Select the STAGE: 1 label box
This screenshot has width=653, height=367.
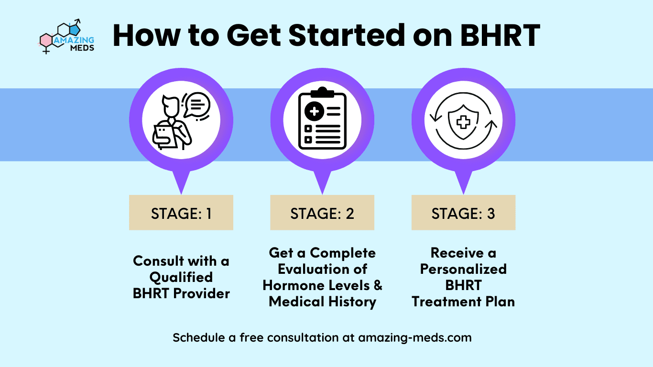pos(181,213)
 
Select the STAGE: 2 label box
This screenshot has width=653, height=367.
pos(322,213)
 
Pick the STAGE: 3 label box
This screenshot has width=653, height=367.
pos(463,213)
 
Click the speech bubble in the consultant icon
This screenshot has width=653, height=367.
pos(198,104)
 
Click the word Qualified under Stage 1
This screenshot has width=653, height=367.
pos(181,277)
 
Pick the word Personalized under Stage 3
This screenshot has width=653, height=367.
pos(463,269)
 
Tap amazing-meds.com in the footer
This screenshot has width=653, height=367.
pos(414,337)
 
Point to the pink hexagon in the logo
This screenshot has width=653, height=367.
pos(46,40)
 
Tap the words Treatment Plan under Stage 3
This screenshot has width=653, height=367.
pos(463,302)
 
